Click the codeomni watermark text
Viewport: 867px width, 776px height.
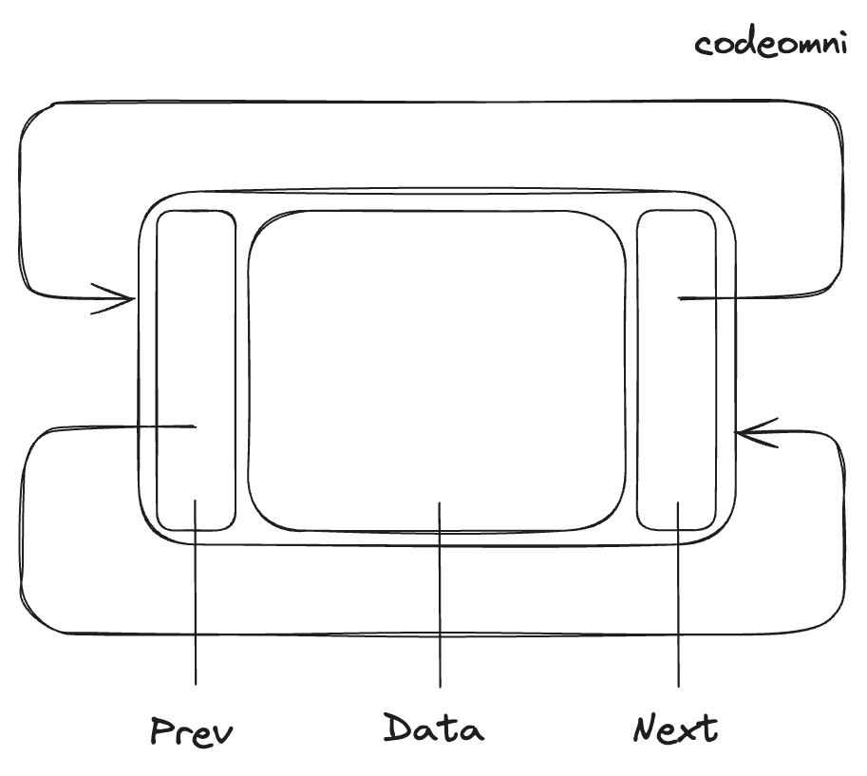tap(770, 44)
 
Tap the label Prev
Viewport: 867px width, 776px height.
tap(193, 732)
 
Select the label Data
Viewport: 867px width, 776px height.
tap(434, 729)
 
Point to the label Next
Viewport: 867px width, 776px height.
tap(675, 729)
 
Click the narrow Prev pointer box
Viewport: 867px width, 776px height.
tap(196, 370)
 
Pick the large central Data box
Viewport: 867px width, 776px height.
tap(437, 370)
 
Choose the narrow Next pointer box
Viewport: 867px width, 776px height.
tap(676, 370)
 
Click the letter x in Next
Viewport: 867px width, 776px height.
tap(686, 731)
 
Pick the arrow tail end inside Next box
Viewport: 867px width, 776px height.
tap(681, 299)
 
